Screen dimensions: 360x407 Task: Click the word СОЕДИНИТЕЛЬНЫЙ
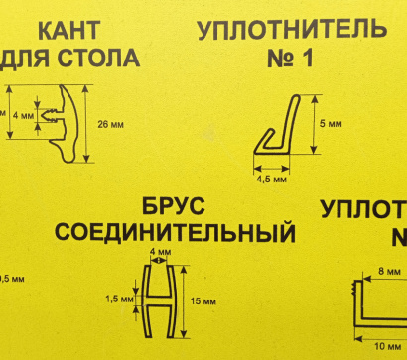pyautogui.click(x=175, y=234)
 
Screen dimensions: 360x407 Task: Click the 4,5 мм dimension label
pyautogui.click(x=272, y=181)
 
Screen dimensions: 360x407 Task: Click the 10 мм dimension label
pyautogui.click(x=387, y=347)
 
